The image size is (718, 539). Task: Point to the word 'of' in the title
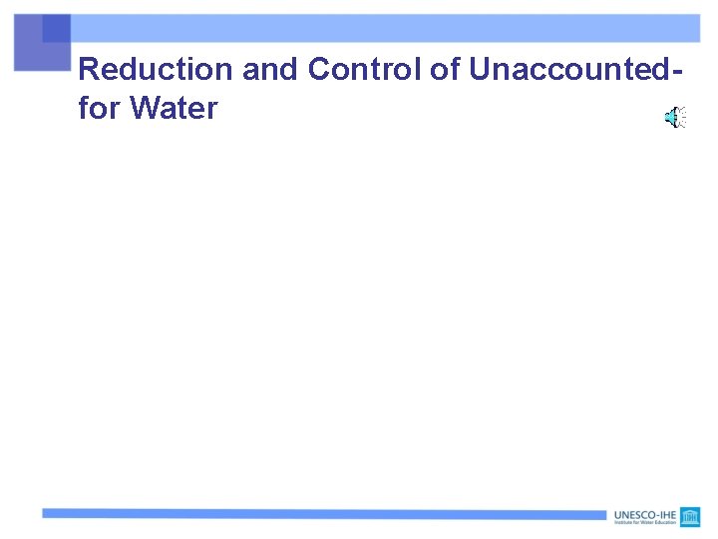point(443,70)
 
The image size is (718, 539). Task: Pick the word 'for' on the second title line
point(98,108)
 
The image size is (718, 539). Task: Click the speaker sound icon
point(675,118)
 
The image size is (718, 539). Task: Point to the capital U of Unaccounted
point(478,70)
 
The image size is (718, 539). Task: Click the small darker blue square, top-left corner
point(57,28)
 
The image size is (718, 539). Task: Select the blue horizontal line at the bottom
point(319,513)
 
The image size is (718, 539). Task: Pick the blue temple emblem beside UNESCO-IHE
point(690,517)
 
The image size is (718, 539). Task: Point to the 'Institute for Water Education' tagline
point(644,523)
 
